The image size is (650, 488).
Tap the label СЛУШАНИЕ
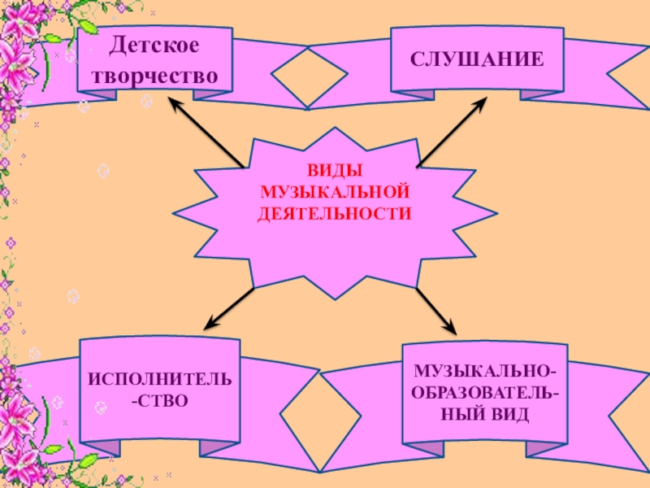point(477,60)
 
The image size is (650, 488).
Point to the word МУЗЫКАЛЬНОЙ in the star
point(334,193)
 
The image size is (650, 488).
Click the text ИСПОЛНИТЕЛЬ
point(160,381)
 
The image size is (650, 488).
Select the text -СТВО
point(160,400)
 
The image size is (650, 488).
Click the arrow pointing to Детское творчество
point(207,133)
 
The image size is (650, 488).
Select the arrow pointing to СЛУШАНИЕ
point(452,133)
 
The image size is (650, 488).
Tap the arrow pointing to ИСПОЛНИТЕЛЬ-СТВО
point(228,308)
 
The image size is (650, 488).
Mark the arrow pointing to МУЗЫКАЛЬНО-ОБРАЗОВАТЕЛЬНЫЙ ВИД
point(438,310)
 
